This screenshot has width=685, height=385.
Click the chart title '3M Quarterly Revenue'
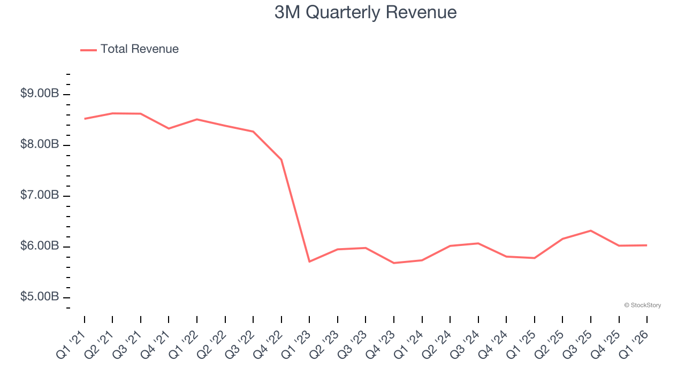pyautogui.click(x=366, y=12)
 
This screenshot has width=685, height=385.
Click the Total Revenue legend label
pyautogui.click(x=139, y=49)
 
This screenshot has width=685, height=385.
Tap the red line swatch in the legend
pyautogui.click(x=88, y=50)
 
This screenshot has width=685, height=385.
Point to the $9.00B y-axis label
pyautogui.click(x=40, y=94)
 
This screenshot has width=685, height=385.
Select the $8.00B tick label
pyautogui.click(x=40, y=144)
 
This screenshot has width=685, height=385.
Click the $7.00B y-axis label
pyautogui.click(x=40, y=195)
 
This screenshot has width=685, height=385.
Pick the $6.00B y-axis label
pyautogui.click(x=40, y=246)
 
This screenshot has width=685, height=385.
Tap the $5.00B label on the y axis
pyautogui.click(x=40, y=297)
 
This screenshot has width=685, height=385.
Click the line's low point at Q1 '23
pyautogui.click(x=309, y=261)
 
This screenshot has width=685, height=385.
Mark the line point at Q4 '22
pyautogui.click(x=281, y=159)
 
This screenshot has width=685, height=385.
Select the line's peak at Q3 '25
pyautogui.click(x=590, y=230)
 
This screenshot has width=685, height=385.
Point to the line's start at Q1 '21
pyautogui.click(x=85, y=119)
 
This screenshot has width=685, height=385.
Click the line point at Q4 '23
pyautogui.click(x=394, y=263)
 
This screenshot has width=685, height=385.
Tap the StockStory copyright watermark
pyautogui.click(x=642, y=305)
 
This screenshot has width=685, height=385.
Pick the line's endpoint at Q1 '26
pyautogui.click(x=646, y=245)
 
